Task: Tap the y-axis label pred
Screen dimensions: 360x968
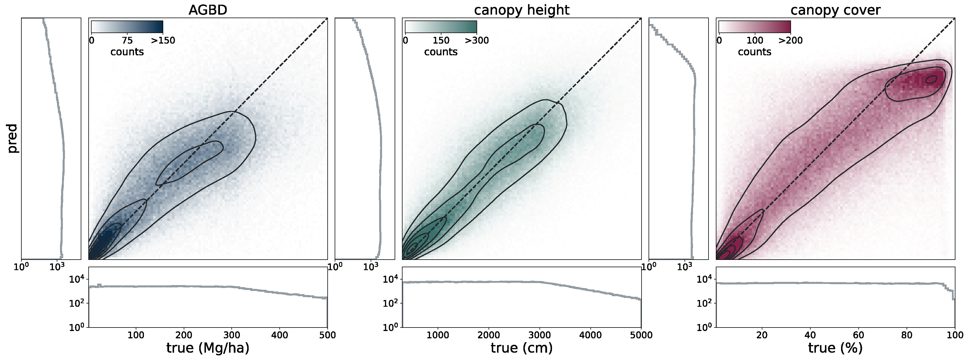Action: (12, 138)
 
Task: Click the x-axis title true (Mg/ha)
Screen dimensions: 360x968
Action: (207, 348)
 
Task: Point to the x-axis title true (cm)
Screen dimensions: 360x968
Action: (522, 348)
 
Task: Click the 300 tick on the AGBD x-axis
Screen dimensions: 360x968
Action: (231, 335)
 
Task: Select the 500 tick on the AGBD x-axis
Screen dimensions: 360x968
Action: (327, 335)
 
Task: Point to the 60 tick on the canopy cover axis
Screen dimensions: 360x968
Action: (858, 335)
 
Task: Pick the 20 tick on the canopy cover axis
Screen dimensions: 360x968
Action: (762, 335)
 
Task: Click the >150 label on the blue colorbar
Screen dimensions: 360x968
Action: (163, 40)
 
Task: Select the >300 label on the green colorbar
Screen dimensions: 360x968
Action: (477, 40)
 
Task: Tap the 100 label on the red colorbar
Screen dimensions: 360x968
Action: (754, 40)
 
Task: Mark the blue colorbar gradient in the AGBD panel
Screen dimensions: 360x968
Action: (127, 27)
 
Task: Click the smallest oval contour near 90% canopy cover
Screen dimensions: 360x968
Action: (931, 79)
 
